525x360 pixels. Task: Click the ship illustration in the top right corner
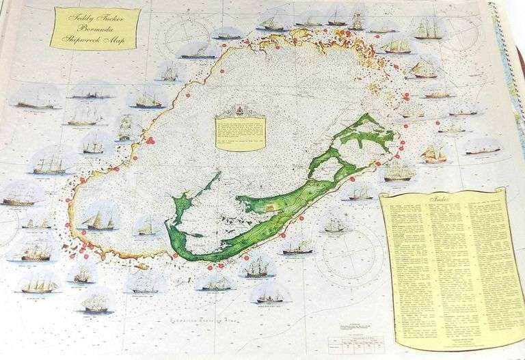pos(429,29)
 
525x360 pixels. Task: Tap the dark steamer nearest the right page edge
pos(482,150)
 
